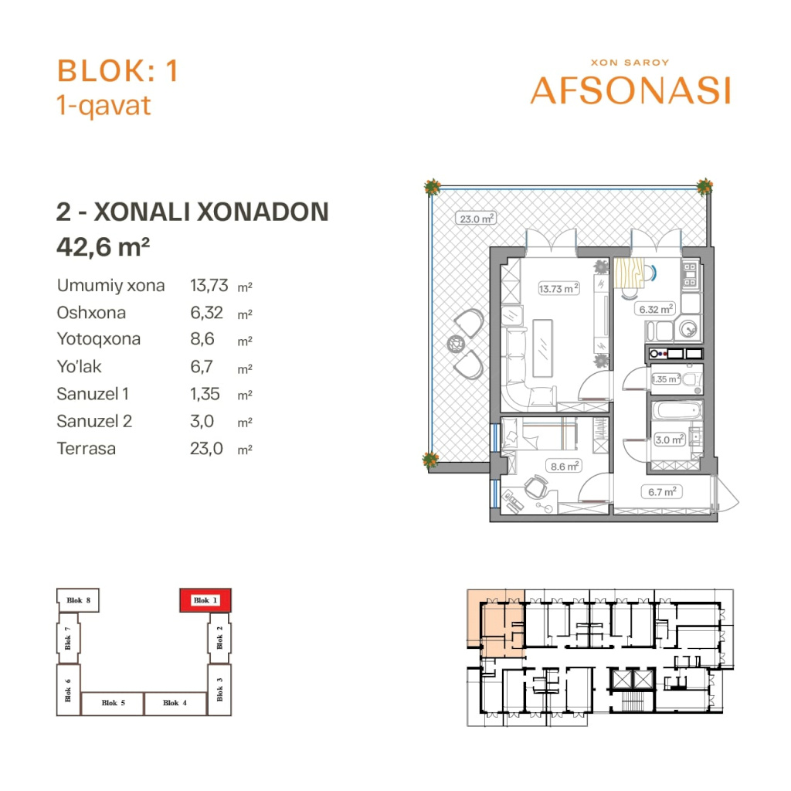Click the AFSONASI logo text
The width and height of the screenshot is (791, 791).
click(630, 91)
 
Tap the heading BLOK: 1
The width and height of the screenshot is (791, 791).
click(117, 70)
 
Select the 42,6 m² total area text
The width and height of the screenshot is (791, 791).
click(103, 246)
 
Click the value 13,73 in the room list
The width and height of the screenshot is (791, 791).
click(209, 286)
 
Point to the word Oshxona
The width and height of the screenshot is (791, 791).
click(91, 313)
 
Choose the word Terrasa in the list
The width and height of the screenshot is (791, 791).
click(87, 449)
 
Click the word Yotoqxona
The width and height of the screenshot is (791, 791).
click(99, 339)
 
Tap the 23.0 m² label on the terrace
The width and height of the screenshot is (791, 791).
click(477, 219)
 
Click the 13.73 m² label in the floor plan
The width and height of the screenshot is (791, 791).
click(558, 289)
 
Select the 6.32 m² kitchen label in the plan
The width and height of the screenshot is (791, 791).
click(655, 309)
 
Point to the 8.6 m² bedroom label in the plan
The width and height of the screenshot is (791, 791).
click(565, 466)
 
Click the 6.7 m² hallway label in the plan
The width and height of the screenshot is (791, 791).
click(662, 491)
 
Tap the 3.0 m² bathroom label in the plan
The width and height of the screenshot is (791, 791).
click(670, 440)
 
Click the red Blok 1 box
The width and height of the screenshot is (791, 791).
click(205, 600)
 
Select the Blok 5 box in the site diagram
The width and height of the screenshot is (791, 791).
click(113, 703)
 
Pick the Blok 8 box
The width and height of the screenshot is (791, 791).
click(78, 600)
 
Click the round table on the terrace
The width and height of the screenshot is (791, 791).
click(456, 344)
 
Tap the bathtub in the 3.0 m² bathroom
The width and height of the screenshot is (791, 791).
click(677, 411)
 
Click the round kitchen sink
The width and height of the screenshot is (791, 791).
click(688, 329)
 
